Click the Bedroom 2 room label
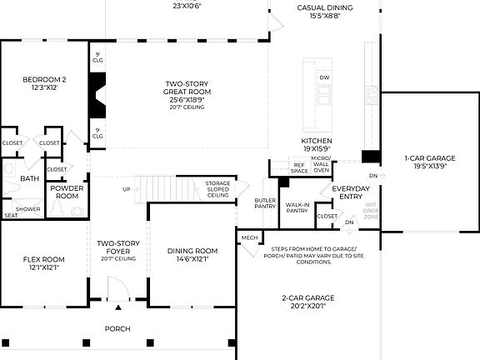coord(43,84)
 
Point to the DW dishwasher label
coord(324,77)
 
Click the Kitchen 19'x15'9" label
coord(317,145)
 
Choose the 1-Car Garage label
coord(429,162)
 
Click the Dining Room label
coord(192,254)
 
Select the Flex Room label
coord(42,264)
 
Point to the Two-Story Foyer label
coord(117,249)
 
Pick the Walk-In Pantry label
coord(297,207)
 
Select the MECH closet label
coord(249,237)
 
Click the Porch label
coord(117,328)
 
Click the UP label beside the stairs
coord(126,189)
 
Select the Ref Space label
coord(299,167)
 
